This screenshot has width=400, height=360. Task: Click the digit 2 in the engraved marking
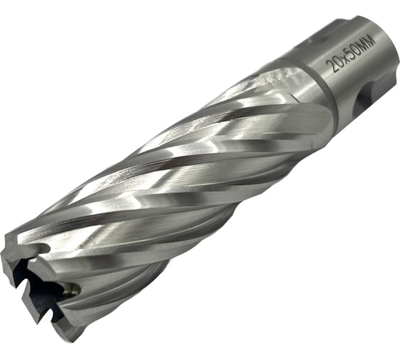coord(331,67)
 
